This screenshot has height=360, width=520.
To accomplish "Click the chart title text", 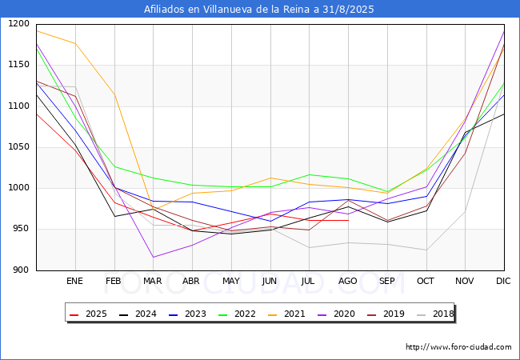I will tap(259, 10).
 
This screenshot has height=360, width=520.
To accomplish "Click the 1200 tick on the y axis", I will tap(18, 24).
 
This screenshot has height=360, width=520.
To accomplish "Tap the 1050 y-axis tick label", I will tap(18, 147).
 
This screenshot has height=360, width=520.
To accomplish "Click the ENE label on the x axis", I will tap(74, 281).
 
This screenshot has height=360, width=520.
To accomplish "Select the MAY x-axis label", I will tap(230, 281).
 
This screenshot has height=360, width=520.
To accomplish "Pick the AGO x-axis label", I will tap(348, 281).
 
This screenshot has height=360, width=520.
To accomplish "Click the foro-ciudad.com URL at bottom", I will tap(458, 347).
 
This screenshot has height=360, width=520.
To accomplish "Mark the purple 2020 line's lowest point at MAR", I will tap(153, 257).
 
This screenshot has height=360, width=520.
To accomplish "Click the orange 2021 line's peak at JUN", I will tap(270, 178).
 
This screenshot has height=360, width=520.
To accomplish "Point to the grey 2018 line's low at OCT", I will tap(426, 250).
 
